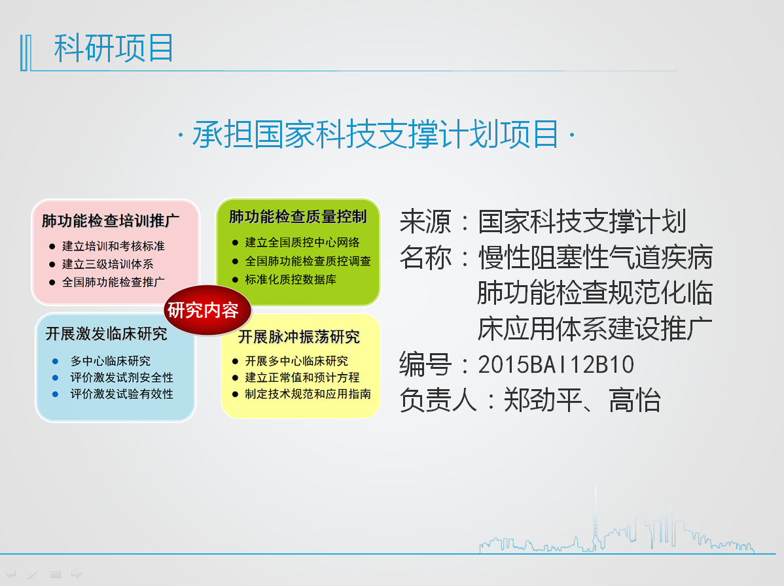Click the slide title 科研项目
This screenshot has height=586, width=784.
(113, 48)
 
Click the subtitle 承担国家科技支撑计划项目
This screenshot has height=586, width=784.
(376, 135)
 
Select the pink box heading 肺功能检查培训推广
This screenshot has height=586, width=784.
(111, 221)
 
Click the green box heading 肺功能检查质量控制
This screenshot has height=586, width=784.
(298, 217)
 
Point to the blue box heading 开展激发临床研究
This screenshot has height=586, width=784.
(107, 334)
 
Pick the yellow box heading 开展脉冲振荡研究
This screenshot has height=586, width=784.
(299, 337)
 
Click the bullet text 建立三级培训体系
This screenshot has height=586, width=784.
(107, 264)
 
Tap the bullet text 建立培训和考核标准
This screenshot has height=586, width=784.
(113, 247)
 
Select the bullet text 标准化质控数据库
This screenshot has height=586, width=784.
(291, 280)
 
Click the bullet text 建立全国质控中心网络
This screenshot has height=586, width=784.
(302, 243)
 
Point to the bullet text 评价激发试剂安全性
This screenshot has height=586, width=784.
(122, 377)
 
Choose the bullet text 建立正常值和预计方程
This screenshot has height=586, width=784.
(302, 377)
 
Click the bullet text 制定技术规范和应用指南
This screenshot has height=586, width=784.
(308, 394)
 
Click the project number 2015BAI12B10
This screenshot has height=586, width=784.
(556, 365)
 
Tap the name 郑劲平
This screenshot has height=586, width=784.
(543, 401)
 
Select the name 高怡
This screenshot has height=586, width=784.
(635, 401)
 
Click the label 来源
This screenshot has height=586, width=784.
(425, 222)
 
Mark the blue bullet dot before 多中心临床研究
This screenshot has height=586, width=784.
(55, 361)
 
